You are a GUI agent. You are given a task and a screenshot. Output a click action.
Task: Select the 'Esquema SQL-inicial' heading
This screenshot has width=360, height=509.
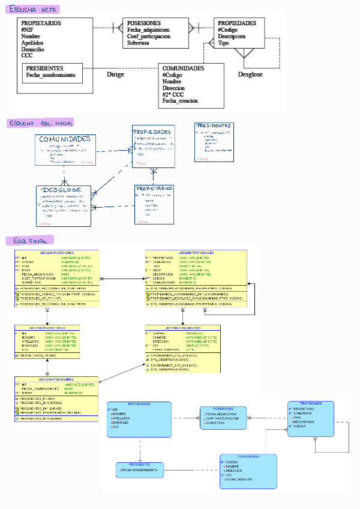(41, 122)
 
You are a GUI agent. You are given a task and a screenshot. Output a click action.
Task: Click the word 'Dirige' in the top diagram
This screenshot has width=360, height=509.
(115, 74)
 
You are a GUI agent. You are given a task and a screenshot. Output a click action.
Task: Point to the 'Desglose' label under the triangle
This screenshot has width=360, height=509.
(250, 74)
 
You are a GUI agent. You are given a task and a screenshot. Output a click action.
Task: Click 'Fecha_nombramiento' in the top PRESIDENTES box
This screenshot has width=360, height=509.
(51, 76)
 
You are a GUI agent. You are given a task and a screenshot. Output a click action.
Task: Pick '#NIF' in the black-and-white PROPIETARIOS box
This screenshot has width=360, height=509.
(27, 29)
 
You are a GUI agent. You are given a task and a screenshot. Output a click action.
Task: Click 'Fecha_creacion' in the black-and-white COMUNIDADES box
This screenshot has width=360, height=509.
(180, 101)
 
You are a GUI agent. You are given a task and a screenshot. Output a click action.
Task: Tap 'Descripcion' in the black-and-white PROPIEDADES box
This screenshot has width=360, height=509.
(232, 36)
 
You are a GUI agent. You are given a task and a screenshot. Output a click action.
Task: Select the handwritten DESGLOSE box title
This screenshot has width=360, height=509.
(62, 190)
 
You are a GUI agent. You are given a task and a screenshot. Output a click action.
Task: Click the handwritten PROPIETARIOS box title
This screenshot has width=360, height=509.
(155, 188)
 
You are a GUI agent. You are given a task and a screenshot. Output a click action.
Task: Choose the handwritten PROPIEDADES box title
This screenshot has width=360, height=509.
(153, 132)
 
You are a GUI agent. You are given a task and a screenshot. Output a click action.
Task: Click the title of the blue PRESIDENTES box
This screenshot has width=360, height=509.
(139, 465)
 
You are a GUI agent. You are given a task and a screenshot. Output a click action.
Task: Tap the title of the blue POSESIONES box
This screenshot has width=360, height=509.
(223, 409)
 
